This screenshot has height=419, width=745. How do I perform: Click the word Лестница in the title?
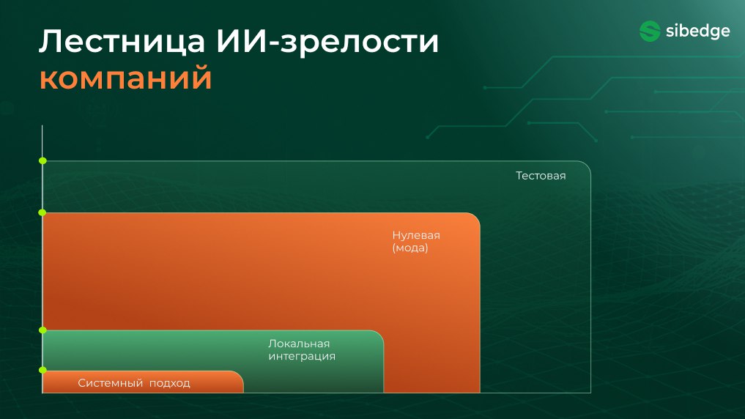click(x=122, y=41)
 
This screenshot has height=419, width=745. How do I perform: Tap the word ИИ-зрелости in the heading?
click(x=327, y=42)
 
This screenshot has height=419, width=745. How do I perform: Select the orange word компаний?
click(x=125, y=78)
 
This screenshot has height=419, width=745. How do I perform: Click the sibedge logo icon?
click(x=650, y=31)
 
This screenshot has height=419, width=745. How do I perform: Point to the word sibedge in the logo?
click(x=697, y=31)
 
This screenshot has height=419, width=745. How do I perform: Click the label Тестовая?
click(x=541, y=176)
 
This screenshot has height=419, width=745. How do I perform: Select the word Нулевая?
click(x=416, y=235)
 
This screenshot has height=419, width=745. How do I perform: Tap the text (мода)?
click(x=410, y=248)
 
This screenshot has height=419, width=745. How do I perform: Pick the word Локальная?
click(x=299, y=344)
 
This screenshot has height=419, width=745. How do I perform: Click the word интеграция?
click(x=302, y=356)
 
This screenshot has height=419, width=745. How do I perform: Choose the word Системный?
click(x=110, y=383)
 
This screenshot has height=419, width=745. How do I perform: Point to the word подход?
click(x=170, y=383)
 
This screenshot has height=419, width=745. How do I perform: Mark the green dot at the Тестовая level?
click(x=42, y=161)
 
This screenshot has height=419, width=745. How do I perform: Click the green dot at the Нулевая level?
click(x=42, y=212)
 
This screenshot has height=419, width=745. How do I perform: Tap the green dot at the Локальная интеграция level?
click(x=42, y=330)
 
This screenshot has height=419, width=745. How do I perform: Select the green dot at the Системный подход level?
click(x=42, y=370)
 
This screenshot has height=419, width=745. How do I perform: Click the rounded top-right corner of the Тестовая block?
click(x=587, y=165)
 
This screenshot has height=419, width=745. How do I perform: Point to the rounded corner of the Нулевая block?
click(x=476, y=217)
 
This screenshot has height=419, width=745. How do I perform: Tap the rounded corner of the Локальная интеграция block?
click(x=379, y=334)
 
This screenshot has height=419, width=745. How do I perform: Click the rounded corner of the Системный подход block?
click(x=240, y=374)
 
